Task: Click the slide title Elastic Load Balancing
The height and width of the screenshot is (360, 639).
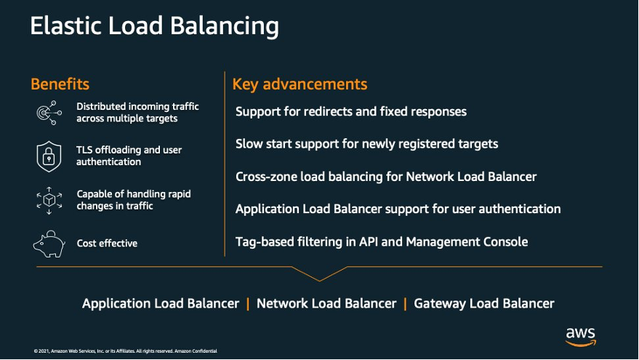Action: tap(154, 27)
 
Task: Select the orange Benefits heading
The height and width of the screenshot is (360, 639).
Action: tap(60, 84)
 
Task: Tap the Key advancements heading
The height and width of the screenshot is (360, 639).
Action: tap(300, 84)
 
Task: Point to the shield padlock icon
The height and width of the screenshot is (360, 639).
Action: tap(49, 156)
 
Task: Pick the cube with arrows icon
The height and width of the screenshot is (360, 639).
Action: tap(49, 200)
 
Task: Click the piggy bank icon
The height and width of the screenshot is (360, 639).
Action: tap(49, 244)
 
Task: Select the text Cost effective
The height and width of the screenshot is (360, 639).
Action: tap(107, 244)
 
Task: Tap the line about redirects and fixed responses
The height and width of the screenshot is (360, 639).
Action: tap(351, 112)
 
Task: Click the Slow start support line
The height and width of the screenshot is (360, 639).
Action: tap(366, 144)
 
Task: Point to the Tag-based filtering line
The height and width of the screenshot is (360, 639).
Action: tap(382, 241)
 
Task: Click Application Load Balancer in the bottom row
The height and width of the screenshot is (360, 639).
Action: tap(161, 304)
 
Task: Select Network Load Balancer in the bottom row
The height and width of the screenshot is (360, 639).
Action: tap(326, 304)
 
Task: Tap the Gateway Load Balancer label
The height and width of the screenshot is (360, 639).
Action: tap(484, 304)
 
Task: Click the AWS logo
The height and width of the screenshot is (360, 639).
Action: tap(581, 336)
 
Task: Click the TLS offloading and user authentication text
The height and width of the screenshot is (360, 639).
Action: tap(129, 156)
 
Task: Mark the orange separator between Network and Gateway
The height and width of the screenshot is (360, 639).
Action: tap(405, 304)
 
